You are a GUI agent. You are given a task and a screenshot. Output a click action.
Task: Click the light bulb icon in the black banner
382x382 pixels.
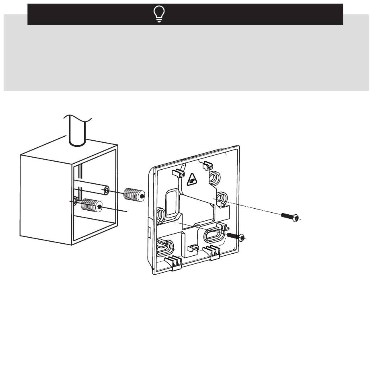[x=159, y=14]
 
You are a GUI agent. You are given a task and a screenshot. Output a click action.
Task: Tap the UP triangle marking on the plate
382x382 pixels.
[x=192, y=180]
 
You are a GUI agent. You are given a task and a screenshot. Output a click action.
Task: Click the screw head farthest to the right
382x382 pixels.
[x=296, y=218]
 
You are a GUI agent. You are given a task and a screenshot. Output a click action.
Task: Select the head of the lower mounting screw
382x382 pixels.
[x=241, y=238]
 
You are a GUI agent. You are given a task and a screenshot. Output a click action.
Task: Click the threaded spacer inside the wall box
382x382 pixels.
[x=92, y=205]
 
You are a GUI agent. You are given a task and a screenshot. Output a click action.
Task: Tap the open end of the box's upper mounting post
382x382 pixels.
[x=107, y=191]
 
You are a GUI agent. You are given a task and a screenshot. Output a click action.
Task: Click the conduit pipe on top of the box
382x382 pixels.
[x=78, y=130]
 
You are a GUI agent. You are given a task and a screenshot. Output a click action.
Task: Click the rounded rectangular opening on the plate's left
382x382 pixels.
[x=173, y=203]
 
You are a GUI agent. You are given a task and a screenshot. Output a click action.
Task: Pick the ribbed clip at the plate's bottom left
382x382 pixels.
[x=173, y=263]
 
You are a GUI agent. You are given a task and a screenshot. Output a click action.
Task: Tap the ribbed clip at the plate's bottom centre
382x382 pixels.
[x=212, y=252]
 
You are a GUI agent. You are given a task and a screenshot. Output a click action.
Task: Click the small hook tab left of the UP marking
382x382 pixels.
[x=178, y=173]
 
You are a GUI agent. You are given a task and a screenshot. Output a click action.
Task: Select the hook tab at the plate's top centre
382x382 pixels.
[x=207, y=165]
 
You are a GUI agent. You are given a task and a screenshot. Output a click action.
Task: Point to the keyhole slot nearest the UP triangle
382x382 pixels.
[x=214, y=178]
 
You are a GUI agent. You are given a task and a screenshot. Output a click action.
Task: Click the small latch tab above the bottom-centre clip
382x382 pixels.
[x=193, y=248]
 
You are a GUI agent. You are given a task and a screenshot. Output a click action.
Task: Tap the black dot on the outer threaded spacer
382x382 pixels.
[x=142, y=196]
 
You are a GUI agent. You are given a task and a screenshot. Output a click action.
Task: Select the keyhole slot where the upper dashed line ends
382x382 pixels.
[x=222, y=199]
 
